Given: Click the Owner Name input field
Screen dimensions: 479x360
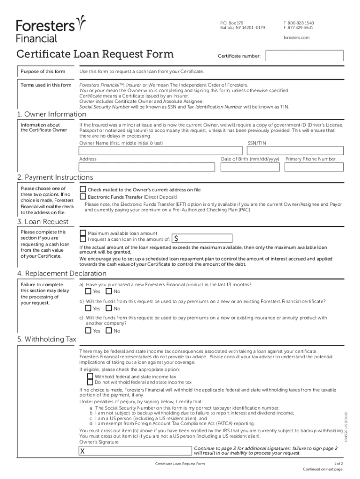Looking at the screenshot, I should point(161,151).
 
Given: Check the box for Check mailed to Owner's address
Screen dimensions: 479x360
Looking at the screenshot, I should point(83,189).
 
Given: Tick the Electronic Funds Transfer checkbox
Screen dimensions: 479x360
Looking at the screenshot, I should point(83,197).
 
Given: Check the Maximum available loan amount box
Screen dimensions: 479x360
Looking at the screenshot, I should point(83,233).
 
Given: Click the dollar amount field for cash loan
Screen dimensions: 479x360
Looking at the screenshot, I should point(206,239).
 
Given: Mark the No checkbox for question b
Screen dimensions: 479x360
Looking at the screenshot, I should point(109,308).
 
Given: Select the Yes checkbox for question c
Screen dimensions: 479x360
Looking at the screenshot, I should point(88,330).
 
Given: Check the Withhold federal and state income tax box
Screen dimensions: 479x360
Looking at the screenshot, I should point(90,376).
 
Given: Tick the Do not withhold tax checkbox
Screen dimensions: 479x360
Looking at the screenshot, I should point(90,382).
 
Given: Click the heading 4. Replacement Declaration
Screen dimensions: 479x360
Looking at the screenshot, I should point(62,273).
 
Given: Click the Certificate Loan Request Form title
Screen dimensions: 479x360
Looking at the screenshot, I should point(95,54).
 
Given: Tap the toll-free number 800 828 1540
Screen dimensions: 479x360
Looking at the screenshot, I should point(298,22).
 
